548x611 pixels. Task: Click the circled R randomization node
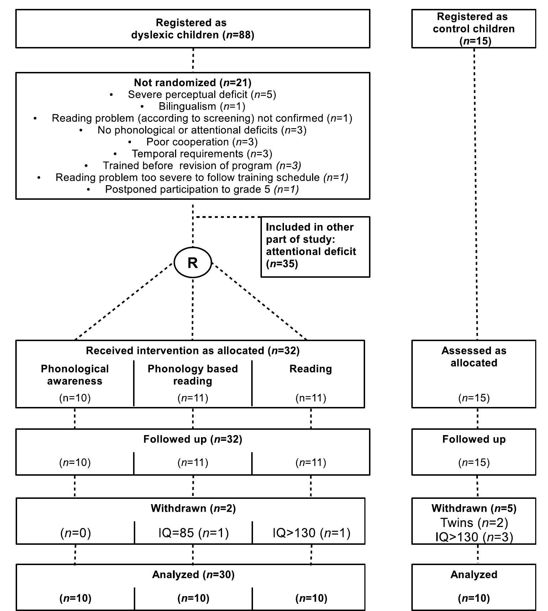(193, 263)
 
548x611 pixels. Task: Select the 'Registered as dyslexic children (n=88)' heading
(193, 29)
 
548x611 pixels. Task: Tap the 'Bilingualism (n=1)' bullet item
(202, 106)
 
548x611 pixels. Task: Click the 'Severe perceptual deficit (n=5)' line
(202, 94)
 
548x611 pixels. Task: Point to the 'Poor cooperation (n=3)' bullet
(202, 142)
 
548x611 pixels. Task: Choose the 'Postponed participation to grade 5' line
(202, 189)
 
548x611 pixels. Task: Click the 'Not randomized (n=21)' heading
(193, 83)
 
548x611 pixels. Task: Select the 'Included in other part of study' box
(315, 246)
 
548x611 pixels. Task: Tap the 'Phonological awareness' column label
(75, 375)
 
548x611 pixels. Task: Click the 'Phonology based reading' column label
(193, 375)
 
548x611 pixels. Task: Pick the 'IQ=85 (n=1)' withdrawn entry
(194, 533)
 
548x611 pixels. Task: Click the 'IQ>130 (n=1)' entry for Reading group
(311, 533)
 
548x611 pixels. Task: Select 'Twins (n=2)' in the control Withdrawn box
(474, 523)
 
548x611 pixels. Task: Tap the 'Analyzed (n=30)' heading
(193, 575)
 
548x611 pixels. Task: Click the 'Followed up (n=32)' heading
(193, 439)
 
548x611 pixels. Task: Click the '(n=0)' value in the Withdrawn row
(75, 533)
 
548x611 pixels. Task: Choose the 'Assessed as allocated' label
(474, 357)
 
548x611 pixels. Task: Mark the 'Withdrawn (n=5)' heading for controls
(474, 508)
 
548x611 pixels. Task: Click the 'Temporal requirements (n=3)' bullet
(202, 154)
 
